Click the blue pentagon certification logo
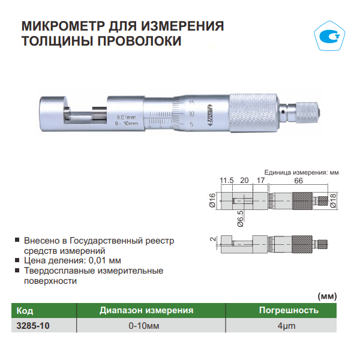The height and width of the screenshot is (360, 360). click(329, 35)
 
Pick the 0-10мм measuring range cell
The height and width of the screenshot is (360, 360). click(144, 326)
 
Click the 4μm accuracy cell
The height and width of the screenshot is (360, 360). click(286, 326)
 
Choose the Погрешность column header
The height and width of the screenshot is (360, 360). click(289, 310)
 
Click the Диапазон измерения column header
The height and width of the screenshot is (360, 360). click(146, 310)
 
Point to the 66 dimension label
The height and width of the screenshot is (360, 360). click(298, 181)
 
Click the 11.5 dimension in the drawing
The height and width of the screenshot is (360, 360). click(227, 181)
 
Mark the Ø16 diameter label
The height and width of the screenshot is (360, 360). click(212, 200)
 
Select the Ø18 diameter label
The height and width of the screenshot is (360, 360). click(333, 200)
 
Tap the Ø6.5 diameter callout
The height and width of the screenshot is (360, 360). click(240, 218)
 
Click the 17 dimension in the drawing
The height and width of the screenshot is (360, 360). click(260, 181)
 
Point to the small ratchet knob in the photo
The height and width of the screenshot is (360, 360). click(308, 112)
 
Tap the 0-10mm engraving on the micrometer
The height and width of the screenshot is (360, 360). click(127, 124)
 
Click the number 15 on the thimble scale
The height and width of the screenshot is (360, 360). click(191, 103)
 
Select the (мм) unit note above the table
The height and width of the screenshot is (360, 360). click(327, 296)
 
